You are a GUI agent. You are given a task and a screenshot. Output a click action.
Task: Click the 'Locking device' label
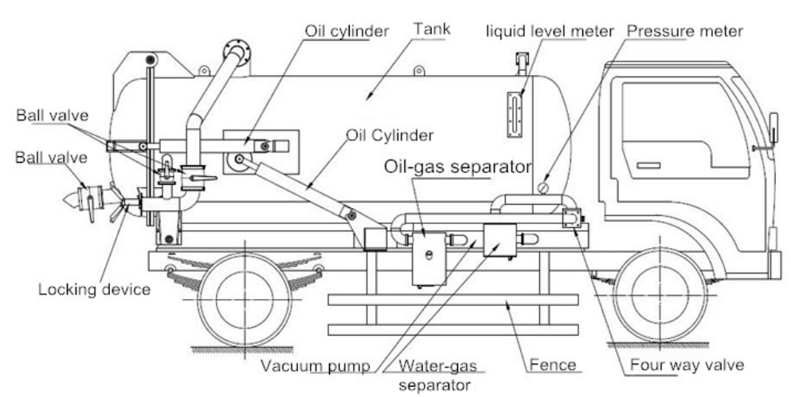[94, 288]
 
